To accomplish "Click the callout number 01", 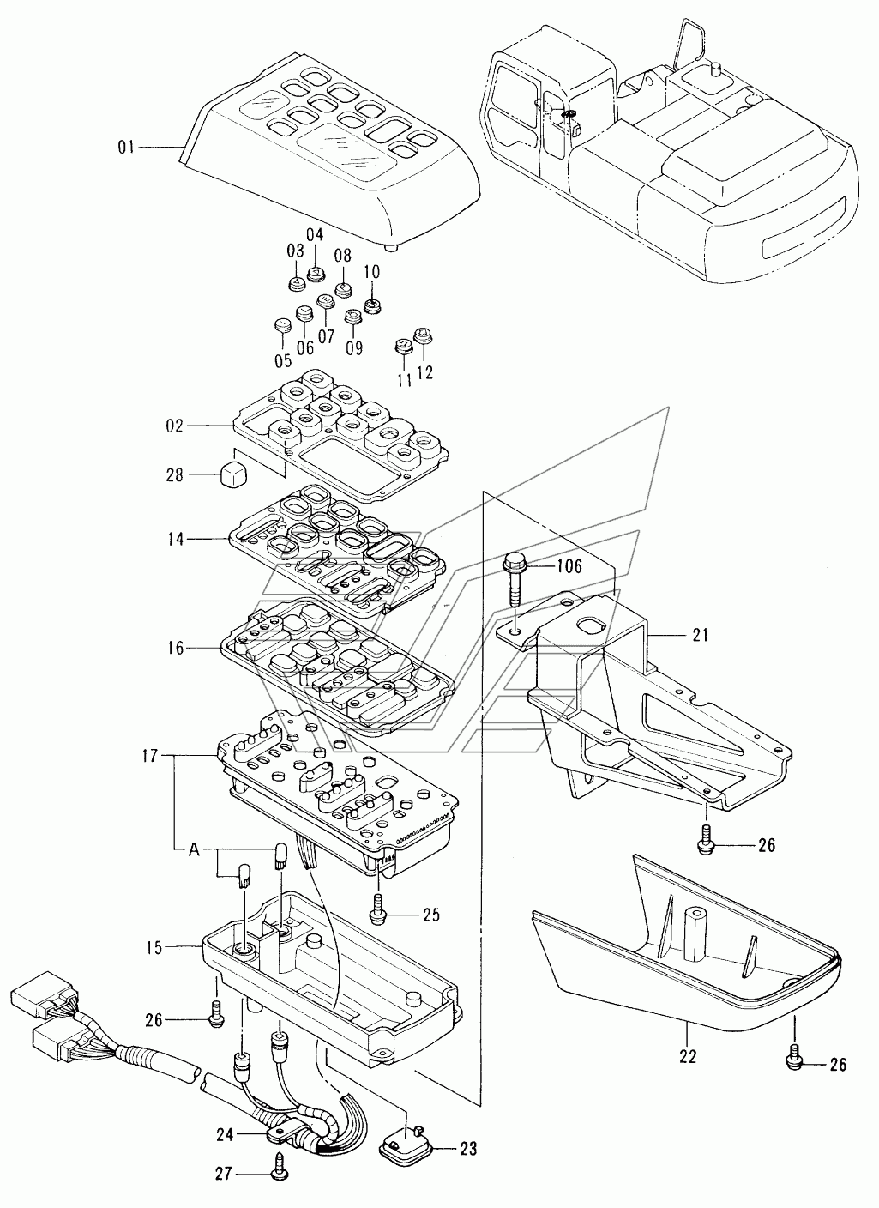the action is (127, 148).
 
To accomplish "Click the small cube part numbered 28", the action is (234, 474).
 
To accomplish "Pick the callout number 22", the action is (688, 1056).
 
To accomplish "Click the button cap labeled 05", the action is (283, 326).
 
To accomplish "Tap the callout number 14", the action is (176, 539).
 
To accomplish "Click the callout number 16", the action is (176, 649).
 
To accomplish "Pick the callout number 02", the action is (175, 426).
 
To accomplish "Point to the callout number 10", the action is (372, 272).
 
